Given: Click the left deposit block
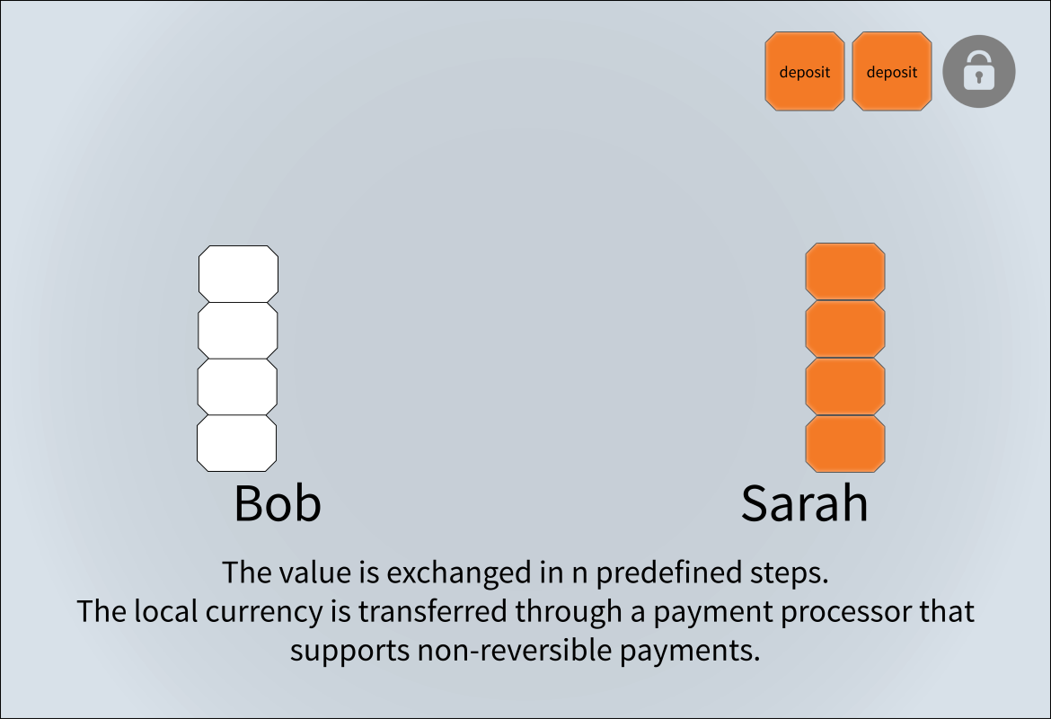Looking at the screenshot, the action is [x=804, y=71].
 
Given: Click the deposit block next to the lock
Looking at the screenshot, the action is [x=891, y=71].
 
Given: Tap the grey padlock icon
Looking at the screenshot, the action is [x=978, y=71].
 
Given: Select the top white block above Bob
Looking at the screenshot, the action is [x=238, y=273].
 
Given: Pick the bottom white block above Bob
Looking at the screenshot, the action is [x=236, y=443].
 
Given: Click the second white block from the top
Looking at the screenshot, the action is [x=237, y=330].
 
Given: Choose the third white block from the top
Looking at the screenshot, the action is [x=237, y=386].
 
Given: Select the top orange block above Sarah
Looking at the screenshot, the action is [x=844, y=271].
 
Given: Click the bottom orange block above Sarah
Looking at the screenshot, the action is [x=844, y=443].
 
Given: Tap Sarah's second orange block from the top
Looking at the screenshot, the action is [x=844, y=329].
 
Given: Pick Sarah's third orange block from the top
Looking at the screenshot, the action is [x=844, y=386].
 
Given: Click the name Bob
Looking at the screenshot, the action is [x=278, y=503].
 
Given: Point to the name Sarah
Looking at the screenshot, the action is [x=804, y=503].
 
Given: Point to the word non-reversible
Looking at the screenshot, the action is [x=514, y=651].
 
